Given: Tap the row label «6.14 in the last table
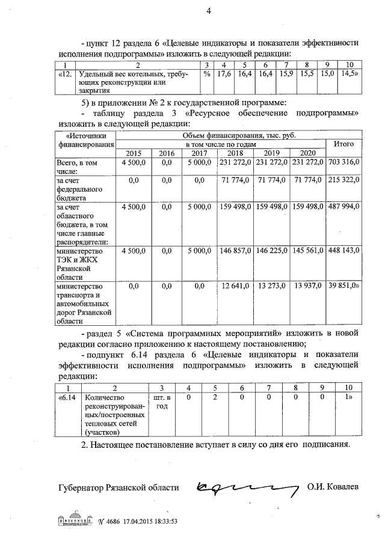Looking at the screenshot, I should pyautogui.click(x=67, y=397).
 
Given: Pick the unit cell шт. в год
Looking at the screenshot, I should pyautogui.click(x=161, y=402).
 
